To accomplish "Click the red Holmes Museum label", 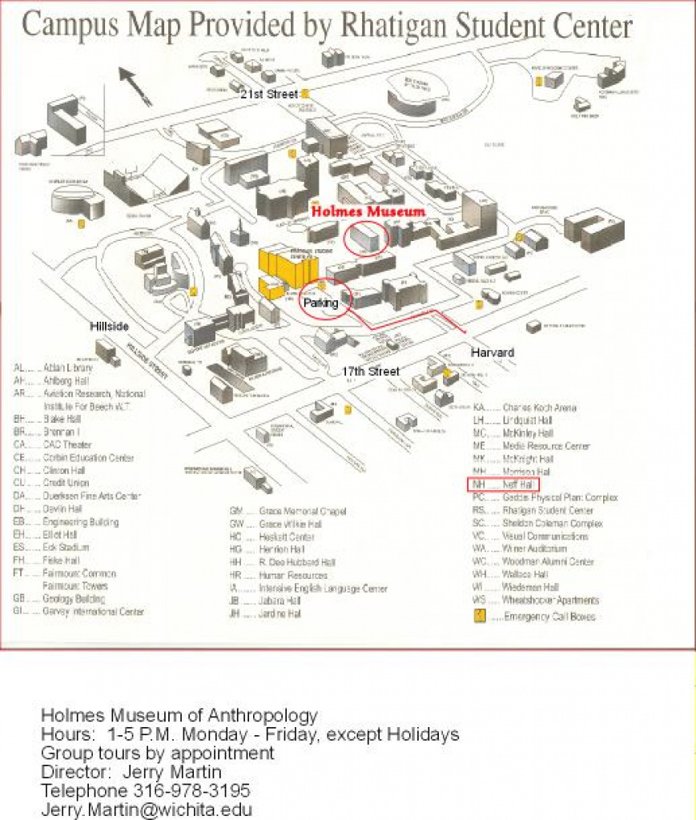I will coord(367,211).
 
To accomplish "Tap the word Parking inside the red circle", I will coord(321,303).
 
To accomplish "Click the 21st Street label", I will coord(269,94).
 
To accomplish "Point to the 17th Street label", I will coord(370,371).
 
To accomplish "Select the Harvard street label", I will coord(492,352).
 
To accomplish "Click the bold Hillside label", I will coord(109,327).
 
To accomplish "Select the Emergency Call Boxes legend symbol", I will coord(480,615).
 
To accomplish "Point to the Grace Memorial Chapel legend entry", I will coord(288,511).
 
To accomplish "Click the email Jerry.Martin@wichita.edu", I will coord(146,809).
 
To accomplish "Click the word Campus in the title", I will coord(67,26).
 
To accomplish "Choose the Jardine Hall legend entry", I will coord(265,613).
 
